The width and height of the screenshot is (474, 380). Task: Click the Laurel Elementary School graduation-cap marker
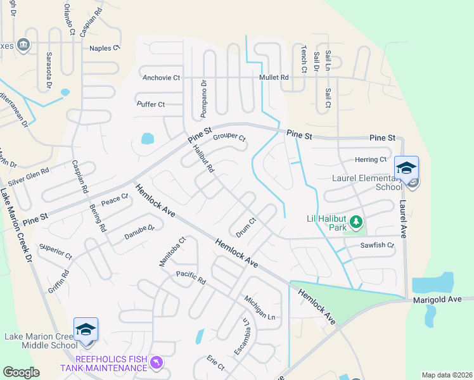(406, 168)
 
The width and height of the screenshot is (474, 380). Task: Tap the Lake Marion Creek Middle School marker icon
(86, 329)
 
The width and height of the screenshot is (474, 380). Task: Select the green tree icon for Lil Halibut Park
(357, 221)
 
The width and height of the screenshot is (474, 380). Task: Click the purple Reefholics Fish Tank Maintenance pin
(157, 363)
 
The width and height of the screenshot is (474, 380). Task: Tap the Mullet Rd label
(274, 77)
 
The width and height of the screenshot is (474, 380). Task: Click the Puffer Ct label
(151, 104)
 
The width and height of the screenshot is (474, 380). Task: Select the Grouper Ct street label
(229, 137)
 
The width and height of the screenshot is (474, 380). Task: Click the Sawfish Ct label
(377, 245)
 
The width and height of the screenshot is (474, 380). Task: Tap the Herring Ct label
(371, 160)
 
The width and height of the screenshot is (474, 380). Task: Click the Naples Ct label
(105, 47)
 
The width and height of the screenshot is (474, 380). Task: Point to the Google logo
(21, 372)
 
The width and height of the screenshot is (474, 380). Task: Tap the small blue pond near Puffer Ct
(147, 138)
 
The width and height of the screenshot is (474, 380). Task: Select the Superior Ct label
(56, 251)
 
